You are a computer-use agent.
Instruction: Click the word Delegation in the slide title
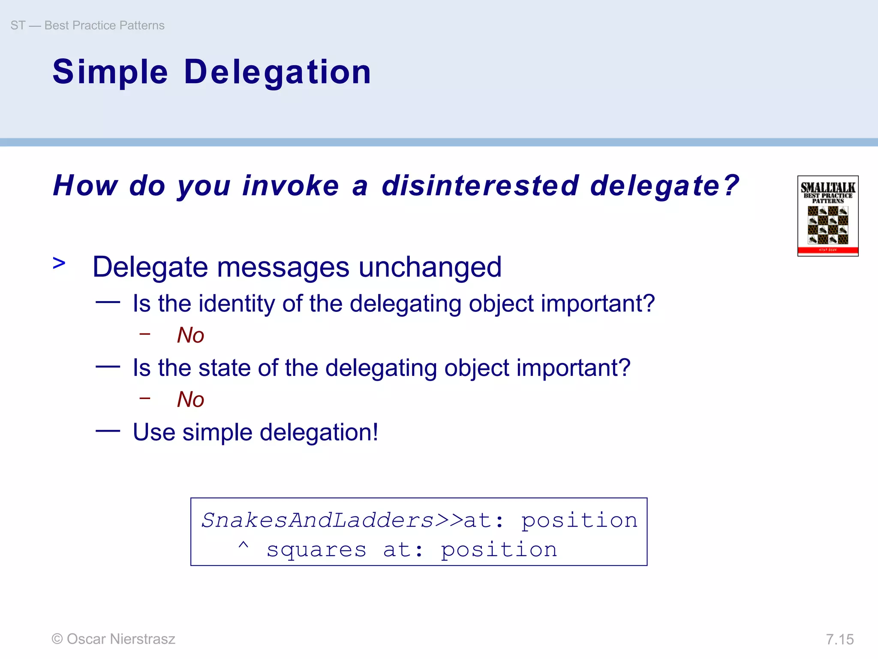[x=277, y=72]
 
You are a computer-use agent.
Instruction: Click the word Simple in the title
[x=110, y=72]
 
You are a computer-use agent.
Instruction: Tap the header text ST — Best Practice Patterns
[x=87, y=25]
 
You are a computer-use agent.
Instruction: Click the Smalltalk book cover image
[x=827, y=216]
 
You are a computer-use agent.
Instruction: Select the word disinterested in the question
[x=480, y=186]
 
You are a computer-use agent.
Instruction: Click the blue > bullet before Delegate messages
[x=59, y=263]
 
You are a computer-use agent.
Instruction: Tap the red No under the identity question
[x=190, y=335]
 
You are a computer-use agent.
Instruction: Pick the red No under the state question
[x=190, y=399]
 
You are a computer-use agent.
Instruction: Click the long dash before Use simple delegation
[x=108, y=431]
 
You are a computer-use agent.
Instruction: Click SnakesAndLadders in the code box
[x=318, y=520]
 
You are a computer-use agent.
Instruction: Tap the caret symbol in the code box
[x=243, y=546]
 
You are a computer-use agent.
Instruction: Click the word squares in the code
[x=316, y=550]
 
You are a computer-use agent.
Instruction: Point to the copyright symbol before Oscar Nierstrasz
[x=57, y=639]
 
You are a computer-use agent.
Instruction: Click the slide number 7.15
[x=839, y=639]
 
